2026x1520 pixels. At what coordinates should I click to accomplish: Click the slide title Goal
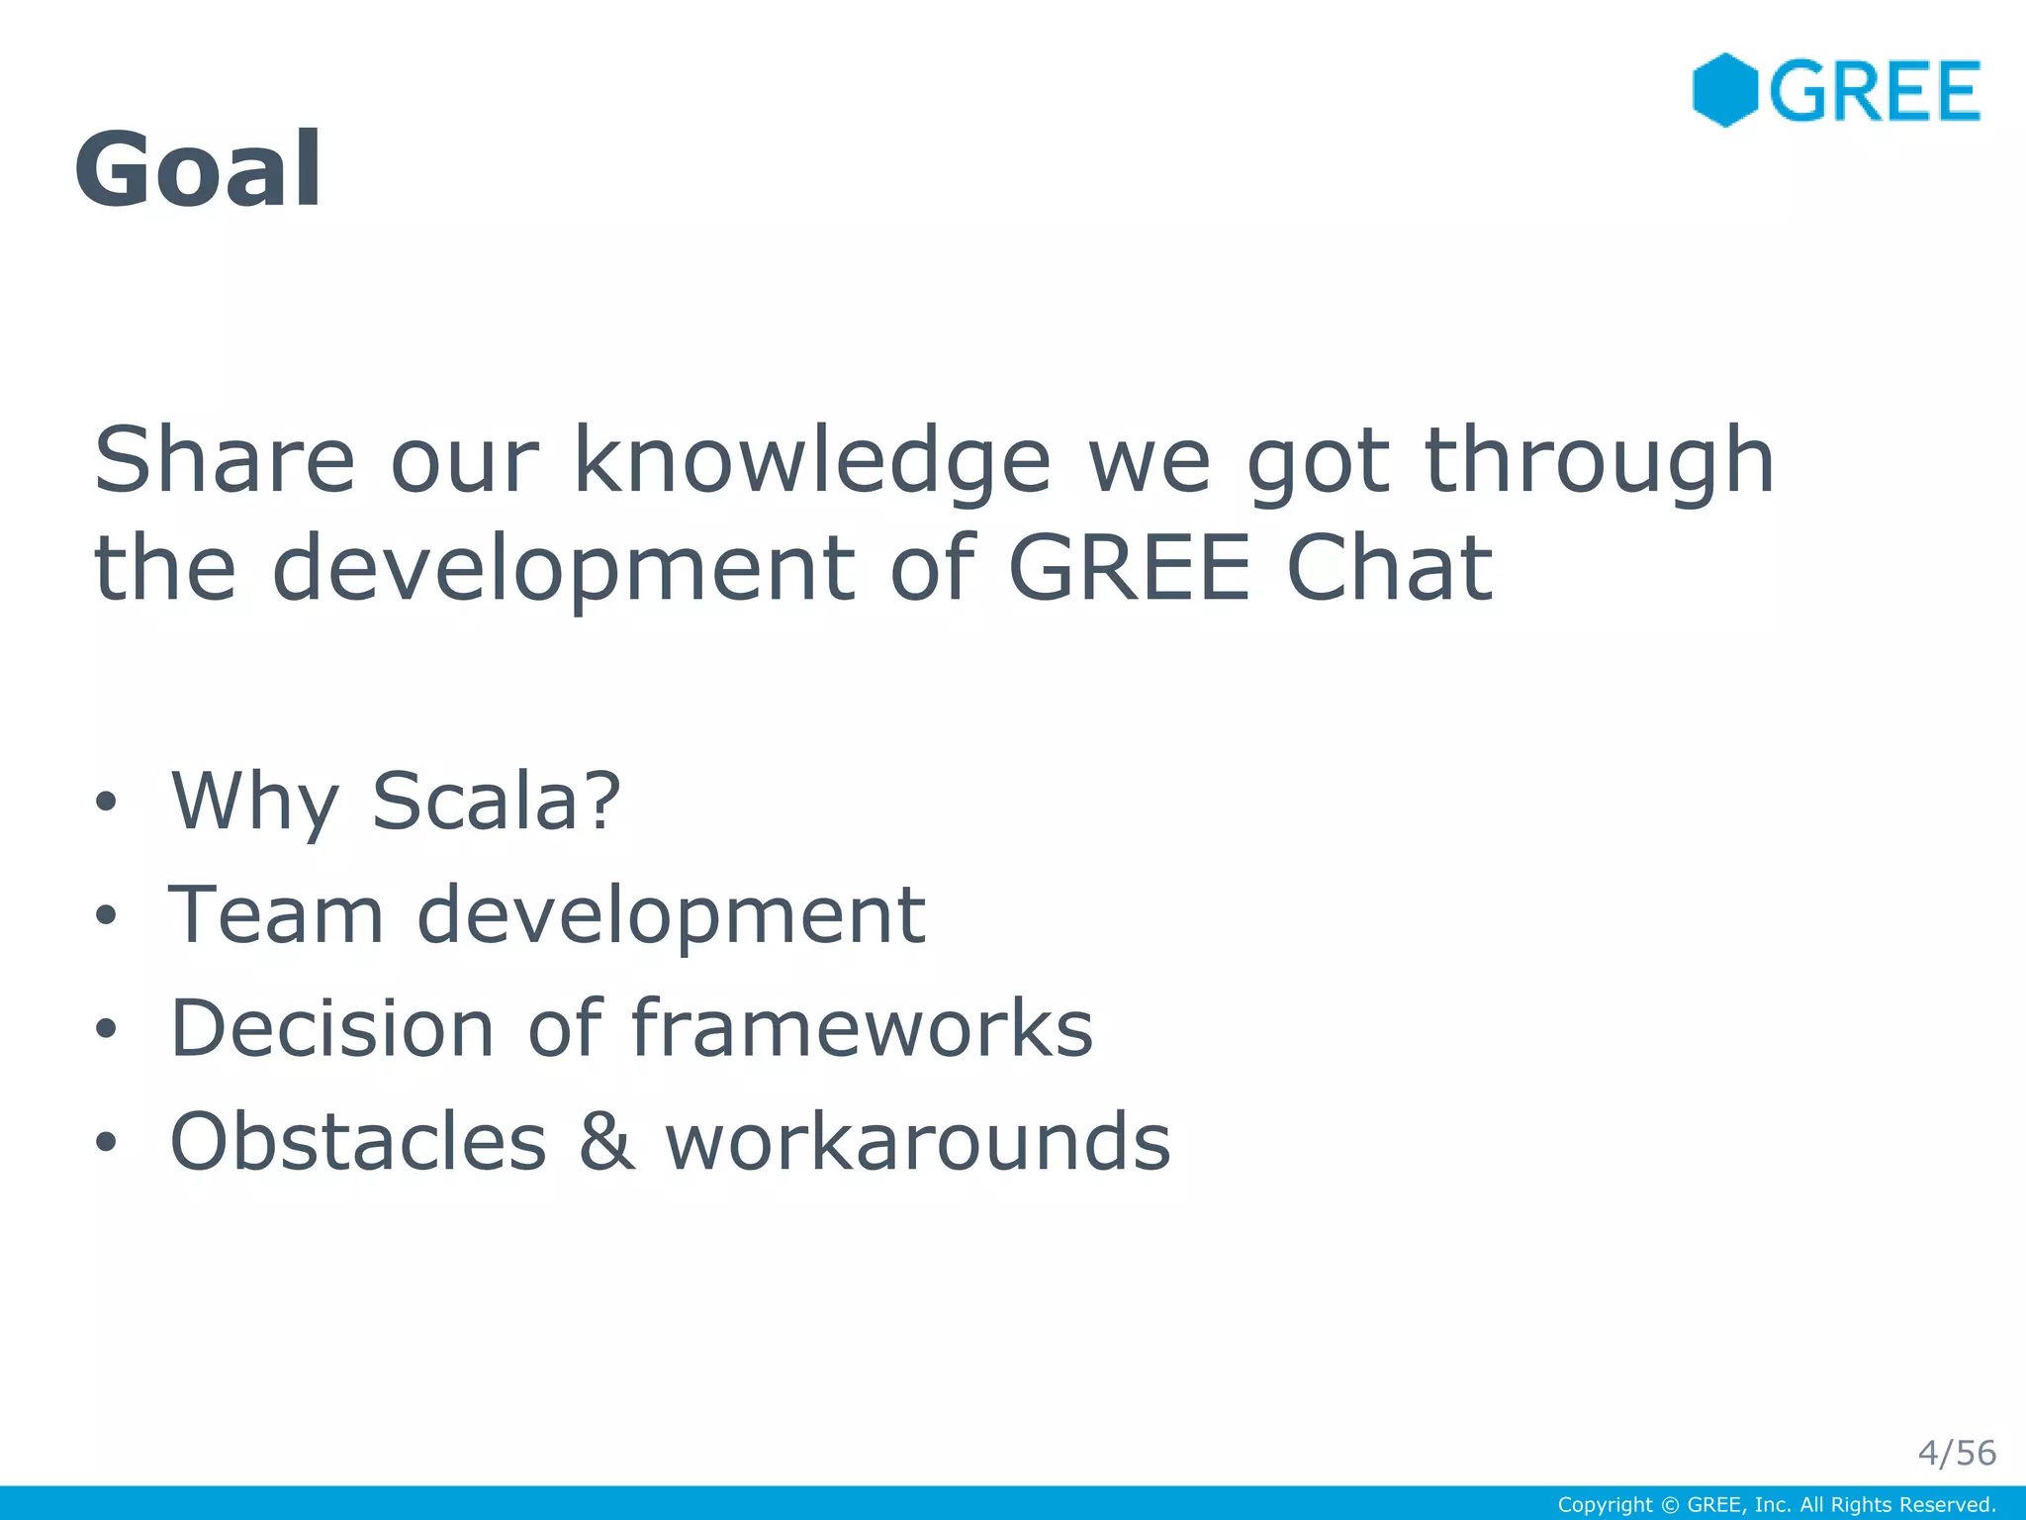198,169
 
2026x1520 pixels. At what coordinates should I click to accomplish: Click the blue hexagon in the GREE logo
1724,90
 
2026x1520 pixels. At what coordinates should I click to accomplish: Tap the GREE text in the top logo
1874,91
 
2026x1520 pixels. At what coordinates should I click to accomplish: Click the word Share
224,459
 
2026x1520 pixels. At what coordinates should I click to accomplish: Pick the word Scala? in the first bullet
496,801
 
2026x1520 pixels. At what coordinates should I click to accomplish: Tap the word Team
276,915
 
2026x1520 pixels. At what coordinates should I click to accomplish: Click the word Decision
332,1028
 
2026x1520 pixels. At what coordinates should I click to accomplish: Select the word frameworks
862,1028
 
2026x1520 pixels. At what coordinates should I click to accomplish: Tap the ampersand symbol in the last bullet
605,1142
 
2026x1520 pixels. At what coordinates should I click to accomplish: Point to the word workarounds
917,1142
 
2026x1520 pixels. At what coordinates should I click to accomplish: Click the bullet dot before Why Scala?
106,802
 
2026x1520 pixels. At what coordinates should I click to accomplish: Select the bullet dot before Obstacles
106,1143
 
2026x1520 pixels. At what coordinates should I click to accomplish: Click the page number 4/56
1956,1453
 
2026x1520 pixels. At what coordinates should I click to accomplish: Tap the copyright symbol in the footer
1670,1505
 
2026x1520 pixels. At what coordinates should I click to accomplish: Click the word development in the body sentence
563,570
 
